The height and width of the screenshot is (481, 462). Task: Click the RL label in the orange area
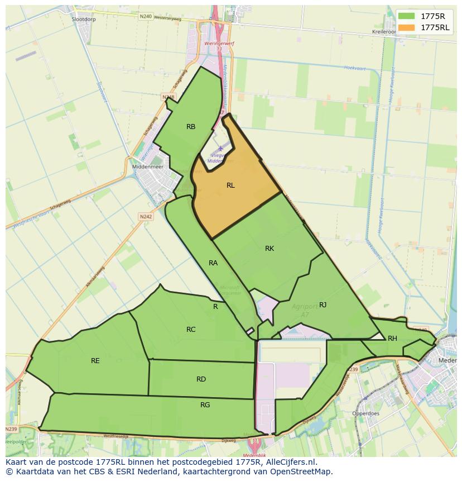(230, 185)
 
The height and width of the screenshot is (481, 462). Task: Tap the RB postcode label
(191, 127)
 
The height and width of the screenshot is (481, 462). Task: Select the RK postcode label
(269, 249)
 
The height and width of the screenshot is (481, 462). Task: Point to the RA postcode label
(213, 263)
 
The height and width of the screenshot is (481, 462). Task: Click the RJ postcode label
(323, 304)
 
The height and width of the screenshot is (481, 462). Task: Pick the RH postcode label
(392, 339)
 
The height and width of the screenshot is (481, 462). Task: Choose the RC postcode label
(191, 330)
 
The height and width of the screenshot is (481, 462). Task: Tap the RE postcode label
(95, 361)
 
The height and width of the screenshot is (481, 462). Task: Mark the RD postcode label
(201, 379)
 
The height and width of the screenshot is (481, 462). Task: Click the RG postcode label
(205, 405)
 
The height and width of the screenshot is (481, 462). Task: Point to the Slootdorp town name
(84, 18)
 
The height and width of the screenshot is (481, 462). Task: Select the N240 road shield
(146, 17)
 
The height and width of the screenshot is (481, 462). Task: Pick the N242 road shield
(146, 217)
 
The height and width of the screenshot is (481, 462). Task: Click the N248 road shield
(169, 97)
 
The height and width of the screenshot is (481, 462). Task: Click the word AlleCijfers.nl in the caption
(290, 463)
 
